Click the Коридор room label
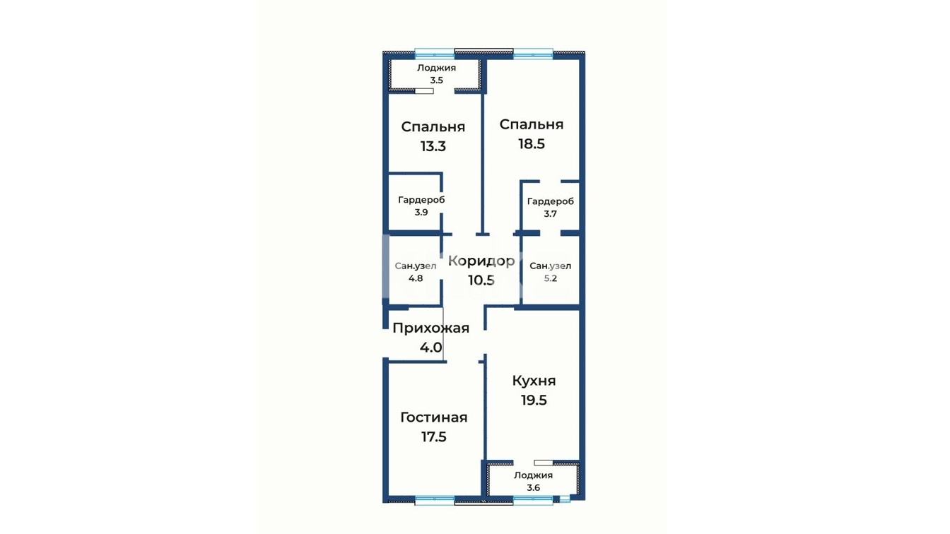(481, 261)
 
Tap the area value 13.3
(433, 146)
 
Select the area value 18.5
(532, 143)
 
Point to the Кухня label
(534, 381)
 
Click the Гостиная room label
(434, 417)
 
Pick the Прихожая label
(431, 328)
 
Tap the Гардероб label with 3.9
(421, 200)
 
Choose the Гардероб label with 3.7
(551, 201)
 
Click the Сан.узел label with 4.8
(415, 266)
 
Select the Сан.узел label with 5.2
(551, 266)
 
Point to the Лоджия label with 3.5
(436, 68)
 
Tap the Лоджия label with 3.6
(533, 475)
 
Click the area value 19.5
(534, 400)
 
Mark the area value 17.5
(434, 437)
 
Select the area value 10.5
(481, 280)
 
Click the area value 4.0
(431, 348)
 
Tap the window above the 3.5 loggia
(434, 53)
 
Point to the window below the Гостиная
(434, 502)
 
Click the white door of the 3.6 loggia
(544, 463)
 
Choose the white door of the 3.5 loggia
(424, 90)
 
